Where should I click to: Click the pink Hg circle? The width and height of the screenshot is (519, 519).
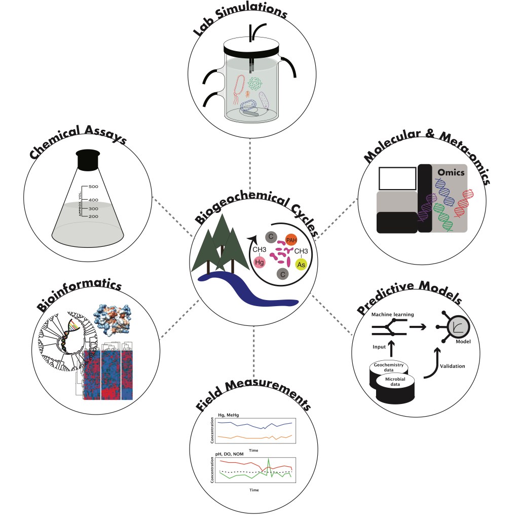tap(259, 262)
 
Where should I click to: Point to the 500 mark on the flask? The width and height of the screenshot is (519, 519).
tap(93, 187)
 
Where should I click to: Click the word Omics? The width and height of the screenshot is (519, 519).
tap(452, 173)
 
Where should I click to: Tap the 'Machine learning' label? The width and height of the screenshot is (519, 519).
tap(392, 315)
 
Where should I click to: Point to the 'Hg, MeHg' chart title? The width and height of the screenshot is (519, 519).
tap(228, 415)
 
